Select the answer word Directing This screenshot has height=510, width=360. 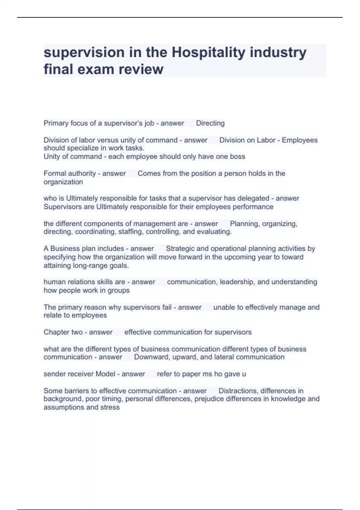click(x=210, y=123)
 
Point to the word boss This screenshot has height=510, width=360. click(x=237, y=157)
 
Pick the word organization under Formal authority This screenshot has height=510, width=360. click(x=63, y=182)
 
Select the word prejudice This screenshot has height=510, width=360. click(x=209, y=399)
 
